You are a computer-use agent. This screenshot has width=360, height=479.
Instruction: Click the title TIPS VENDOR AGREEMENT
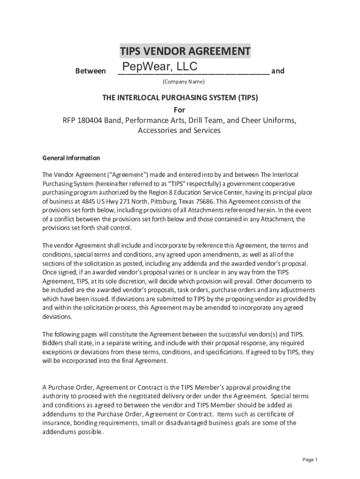point(185,51)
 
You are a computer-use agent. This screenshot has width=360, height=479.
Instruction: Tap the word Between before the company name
point(90,71)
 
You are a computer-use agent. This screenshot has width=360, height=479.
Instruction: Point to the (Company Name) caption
point(184,82)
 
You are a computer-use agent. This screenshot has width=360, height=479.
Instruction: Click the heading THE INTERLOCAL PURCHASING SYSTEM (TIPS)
point(180,98)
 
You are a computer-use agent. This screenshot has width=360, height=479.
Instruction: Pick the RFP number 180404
point(90,120)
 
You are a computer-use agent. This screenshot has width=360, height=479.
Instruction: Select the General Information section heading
point(71,158)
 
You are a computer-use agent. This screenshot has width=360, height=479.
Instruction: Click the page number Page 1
point(310,460)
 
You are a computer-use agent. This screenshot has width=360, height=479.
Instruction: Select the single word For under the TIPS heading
point(180,110)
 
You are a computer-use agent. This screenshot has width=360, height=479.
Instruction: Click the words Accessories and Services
point(179,131)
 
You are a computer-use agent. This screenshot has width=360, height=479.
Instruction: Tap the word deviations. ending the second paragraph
point(58,317)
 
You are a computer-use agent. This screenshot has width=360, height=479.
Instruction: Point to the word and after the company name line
point(278,71)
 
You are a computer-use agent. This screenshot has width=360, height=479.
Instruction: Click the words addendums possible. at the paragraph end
point(73,432)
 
